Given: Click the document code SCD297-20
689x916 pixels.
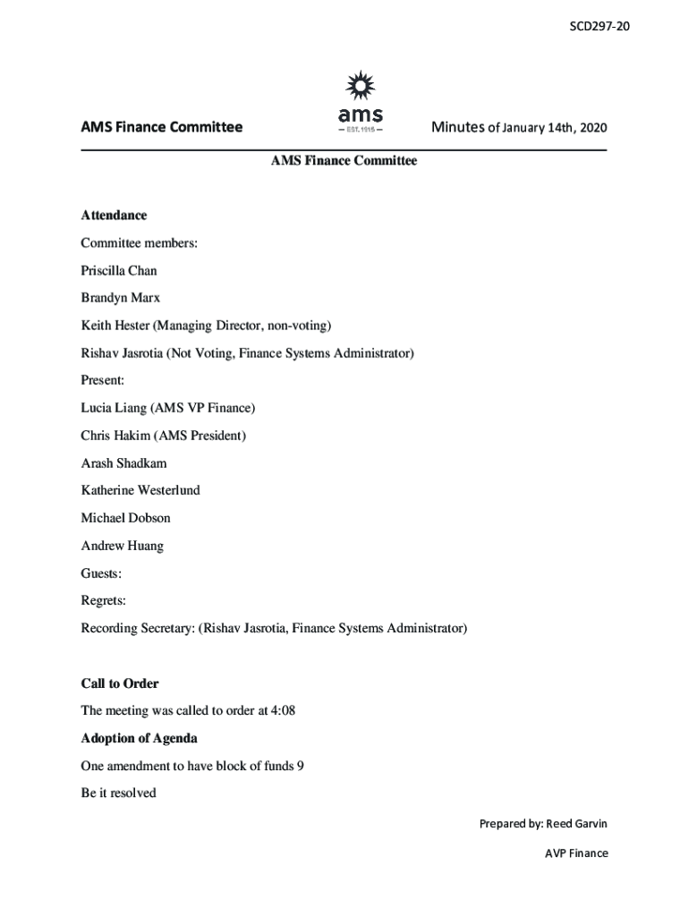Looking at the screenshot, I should pyautogui.click(x=600, y=26).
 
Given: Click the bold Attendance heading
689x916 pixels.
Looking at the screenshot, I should pyautogui.click(x=114, y=216).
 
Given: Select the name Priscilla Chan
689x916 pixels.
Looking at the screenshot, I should pyautogui.click(x=119, y=270).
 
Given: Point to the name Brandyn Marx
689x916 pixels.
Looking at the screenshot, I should pyautogui.click(x=121, y=298).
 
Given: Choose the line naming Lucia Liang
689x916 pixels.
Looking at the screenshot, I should pyautogui.click(x=167, y=408).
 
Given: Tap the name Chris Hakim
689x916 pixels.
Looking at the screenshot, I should pyautogui.click(x=115, y=436).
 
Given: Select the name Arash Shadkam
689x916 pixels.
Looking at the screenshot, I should pyautogui.click(x=123, y=463).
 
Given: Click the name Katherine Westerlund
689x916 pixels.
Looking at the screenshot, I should pyautogui.click(x=140, y=490).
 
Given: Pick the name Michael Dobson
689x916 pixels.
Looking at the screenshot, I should pyautogui.click(x=125, y=518).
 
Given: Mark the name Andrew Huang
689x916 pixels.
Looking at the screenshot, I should pyautogui.click(x=122, y=546).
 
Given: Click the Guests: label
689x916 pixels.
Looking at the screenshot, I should pyautogui.click(x=101, y=573).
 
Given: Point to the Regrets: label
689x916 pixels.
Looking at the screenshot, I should pyautogui.click(x=103, y=600).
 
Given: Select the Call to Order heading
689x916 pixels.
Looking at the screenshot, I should pyautogui.click(x=120, y=683).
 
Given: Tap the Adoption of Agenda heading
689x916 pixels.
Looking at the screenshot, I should pyautogui.click(x=139, y=739).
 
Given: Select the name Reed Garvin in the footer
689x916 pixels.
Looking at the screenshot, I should pyautogui.click(x=577, y=823).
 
